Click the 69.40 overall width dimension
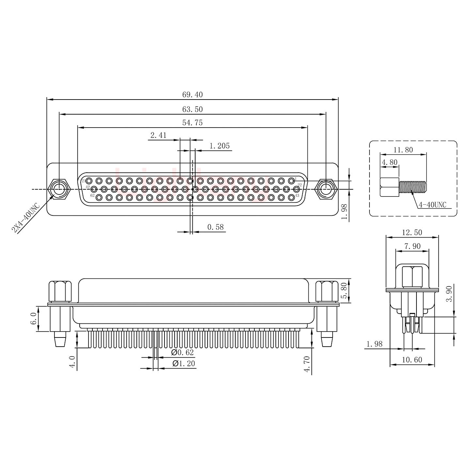pyautogui.click(x=192, y=95)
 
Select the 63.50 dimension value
pyautogui.click(x=192, y=109)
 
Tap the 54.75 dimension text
pyautogui.click(x=192, y=123)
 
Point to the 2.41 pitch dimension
pyautogui.click(x=158, y=135)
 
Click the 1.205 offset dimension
pyautogui.click(x=219, y=146)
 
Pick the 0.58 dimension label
pyautogui.click(x=215, y=227)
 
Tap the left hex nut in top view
pyautogui.click(x=59, y=189)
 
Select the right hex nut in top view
pyautogui.click(x=326, y=189)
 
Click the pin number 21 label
pyautogui.click(x=84, y=181)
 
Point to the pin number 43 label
pyautogui.click(x=297, y=196)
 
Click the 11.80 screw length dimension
pyautogui.click(x=403, y=150)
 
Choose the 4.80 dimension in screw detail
pyautogui.click(x=389, y=163)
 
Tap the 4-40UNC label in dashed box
pyautogui.click(x=432, y=205)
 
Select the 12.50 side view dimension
pyautogui.click(x=412, y=232)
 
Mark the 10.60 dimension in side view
pyautogui.click(x=412, y=360)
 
